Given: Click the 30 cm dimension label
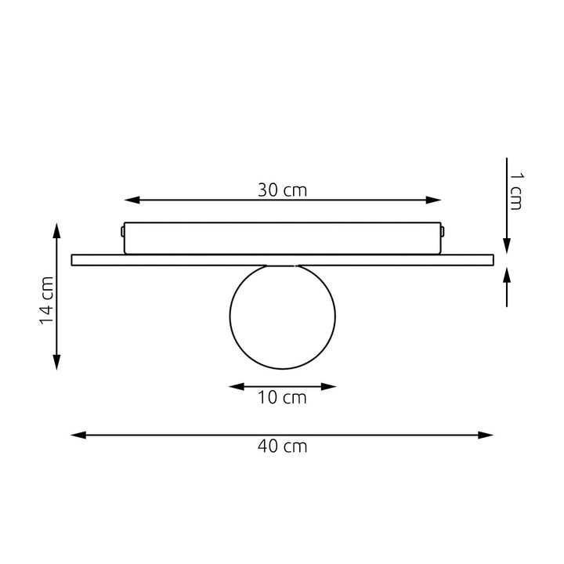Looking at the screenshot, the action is pos(282,190).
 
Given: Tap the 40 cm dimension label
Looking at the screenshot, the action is pos(282,446).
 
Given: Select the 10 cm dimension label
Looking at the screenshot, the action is pos(282,397).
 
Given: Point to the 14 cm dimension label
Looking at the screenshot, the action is pos(47,300).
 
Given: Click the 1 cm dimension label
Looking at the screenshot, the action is pos(516,191).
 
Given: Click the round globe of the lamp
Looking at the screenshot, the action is pos(282,317).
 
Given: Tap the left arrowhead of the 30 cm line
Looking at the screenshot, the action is pos(132,200).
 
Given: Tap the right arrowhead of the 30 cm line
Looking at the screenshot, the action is pos(433,200).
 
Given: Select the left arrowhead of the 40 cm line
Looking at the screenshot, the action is pos(78,436).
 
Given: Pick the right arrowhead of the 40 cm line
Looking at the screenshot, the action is pos(485,436).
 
